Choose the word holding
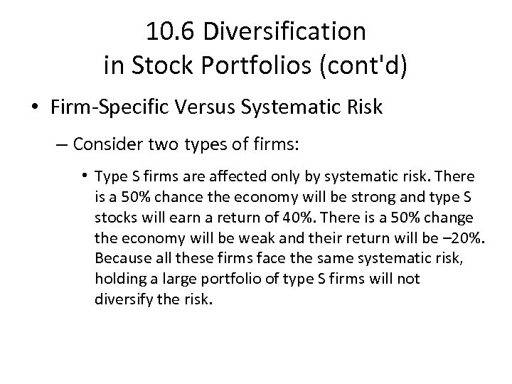point(117,277)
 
